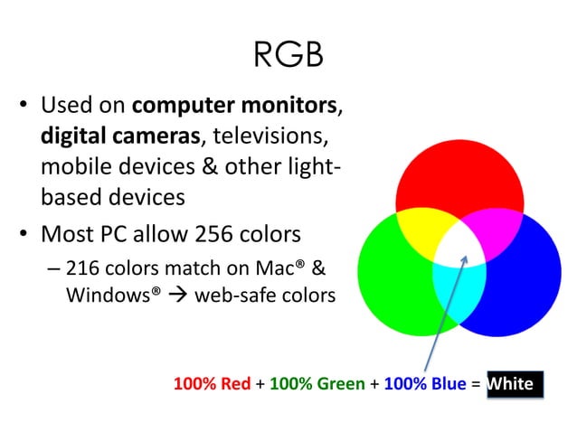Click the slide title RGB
click(288, 56)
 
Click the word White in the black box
click(510, 384)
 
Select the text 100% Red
click(212, 384)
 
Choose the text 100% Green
click(317, 384)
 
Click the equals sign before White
click(476, 384)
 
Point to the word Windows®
click(109, 295)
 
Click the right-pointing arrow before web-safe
click(182, 296)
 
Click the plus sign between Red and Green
click(260, 384)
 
